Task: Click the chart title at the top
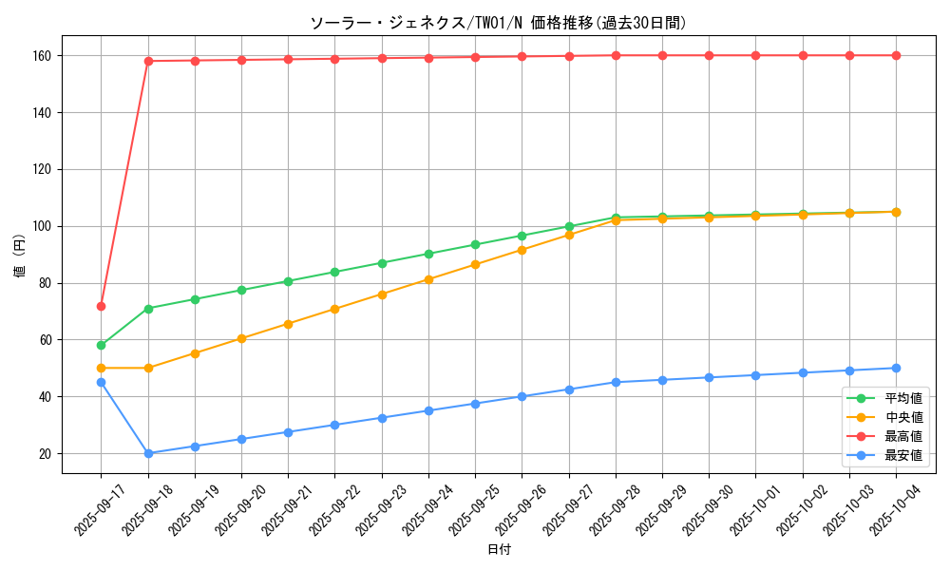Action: tap(498, 23)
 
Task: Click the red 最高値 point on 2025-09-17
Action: tap(101, 306)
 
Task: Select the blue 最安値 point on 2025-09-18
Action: tap(148, 453)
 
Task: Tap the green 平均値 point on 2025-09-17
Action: tap(101, 345)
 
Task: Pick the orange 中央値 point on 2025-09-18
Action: tap(148, 368)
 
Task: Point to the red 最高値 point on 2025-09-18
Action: tap(148, 61)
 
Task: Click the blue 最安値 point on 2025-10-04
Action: tap(896, 368)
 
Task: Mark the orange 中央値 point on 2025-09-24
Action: tap(428, 279)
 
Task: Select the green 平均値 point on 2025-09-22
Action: tap(334, 272)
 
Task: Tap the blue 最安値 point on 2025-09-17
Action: tap(101, 382)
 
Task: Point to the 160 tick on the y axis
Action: tap(42, 56)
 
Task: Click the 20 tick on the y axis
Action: tap(45, 453)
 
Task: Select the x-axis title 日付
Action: tap(499, 550)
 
